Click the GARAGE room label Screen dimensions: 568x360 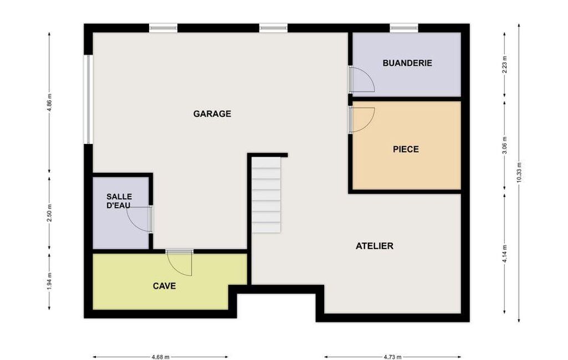point(212,114)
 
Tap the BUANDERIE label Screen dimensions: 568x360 point(407,63)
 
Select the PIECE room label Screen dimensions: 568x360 point(406,149)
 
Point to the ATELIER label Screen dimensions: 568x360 point(374,246)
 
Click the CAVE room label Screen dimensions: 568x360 point(165,286)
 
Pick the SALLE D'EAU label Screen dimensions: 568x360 point(119,201)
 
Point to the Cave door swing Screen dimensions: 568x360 point(180,264)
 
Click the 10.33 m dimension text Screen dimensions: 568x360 point(519,172)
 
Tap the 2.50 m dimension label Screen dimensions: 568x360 point(49,214)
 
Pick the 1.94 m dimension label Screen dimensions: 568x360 point(49,281)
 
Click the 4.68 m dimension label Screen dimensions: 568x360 point(160,357)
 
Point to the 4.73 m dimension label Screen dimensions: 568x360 point(392,357)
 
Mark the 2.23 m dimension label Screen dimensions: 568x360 point(505,64)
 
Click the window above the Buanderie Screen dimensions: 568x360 point(404,28)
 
